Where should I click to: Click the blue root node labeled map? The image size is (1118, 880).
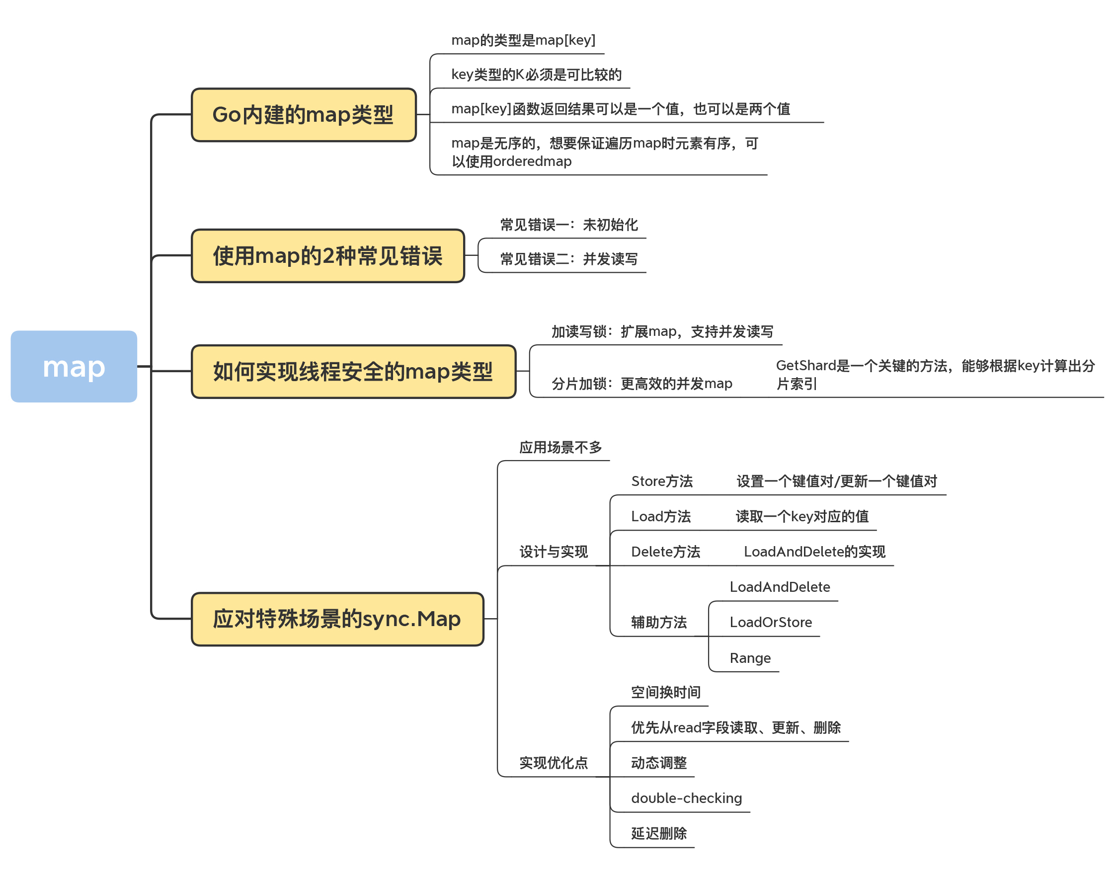click(74, 366)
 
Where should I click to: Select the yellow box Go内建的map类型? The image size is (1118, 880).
click(304, 114)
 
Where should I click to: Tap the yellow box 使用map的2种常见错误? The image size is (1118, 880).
click(327, 255)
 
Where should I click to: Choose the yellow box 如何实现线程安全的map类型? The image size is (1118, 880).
click(353, 371)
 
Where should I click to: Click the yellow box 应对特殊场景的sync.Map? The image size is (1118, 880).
click(337, 619)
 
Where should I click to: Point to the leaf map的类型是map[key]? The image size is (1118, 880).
click(523, 40)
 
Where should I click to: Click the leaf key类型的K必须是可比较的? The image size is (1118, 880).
click(536, 75)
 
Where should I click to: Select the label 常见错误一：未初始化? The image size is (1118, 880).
click(569, 225)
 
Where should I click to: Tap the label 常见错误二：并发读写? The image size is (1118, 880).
click(569, 259)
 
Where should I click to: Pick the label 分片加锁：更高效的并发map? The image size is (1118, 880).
click(641, 383)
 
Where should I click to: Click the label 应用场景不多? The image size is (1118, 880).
click(560, 447)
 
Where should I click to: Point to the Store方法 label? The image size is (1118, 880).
click(661, 481)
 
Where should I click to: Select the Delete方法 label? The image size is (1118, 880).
click(665, 552)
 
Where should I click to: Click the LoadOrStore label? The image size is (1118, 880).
click(770, 623)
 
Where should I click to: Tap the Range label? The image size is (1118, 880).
click(750, 658)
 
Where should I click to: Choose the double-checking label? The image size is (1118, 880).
click(686, 798)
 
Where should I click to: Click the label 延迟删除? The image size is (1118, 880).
click(658, 833)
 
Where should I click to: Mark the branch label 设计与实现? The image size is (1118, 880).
click(554, 552)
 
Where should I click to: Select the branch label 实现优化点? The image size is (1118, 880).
click(554, 763)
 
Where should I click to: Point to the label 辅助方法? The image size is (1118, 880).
click(658, 623)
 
